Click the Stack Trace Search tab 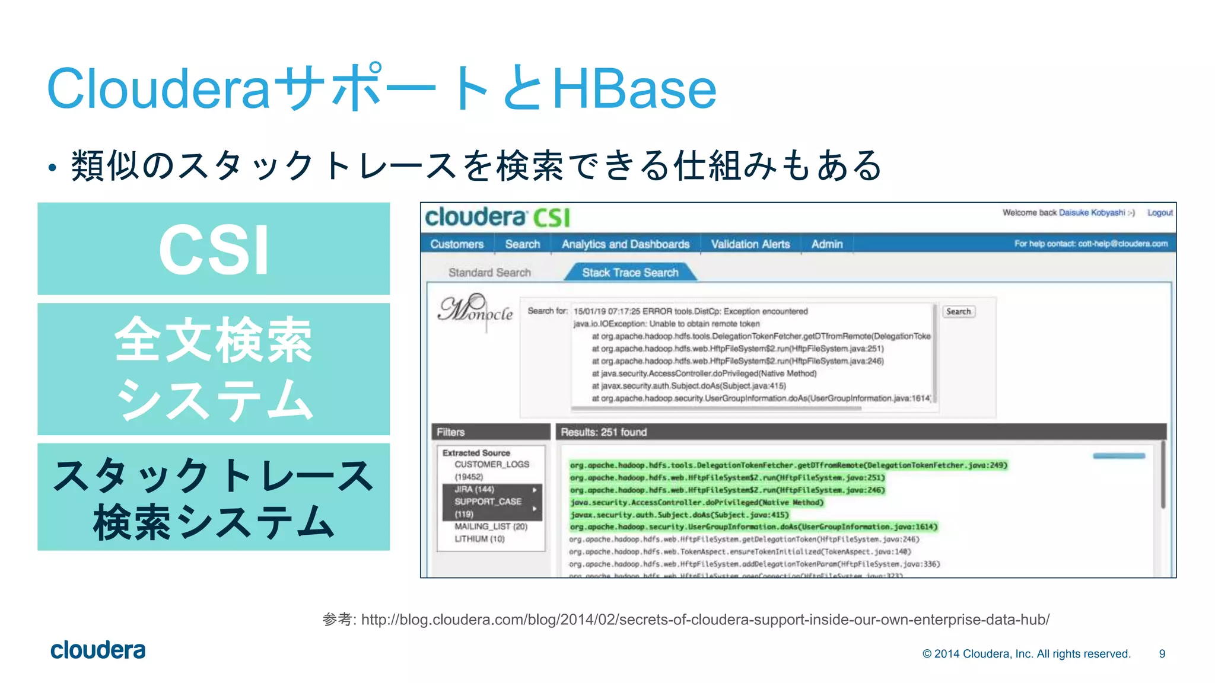point(629,273)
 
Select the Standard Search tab point(489,273)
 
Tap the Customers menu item point(457,244)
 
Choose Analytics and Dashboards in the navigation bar point(625,244)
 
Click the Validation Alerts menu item point(750,244)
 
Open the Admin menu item point(827,244)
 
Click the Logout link point(1160,213)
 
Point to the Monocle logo point(475,309)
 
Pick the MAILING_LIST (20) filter point(491,526)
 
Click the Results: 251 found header point(604,432)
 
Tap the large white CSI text point(214,250)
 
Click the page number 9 point(1162,654)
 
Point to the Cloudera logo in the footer point(98,650)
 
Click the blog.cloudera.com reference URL point(705,620)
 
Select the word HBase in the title point(634,89)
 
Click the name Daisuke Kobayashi point(1092,213)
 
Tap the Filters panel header point(451,432)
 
